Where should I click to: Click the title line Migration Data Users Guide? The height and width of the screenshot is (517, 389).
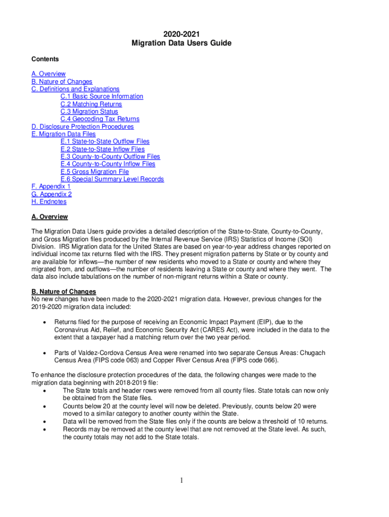[181, 43]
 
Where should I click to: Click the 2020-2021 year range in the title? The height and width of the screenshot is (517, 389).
[181, 34]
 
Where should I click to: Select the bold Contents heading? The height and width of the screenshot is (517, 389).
[45, 59]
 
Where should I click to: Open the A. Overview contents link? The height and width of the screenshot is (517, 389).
[48, 74]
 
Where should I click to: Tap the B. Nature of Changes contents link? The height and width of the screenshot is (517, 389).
[62, 81]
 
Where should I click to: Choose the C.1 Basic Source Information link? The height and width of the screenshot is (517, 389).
[102, 96]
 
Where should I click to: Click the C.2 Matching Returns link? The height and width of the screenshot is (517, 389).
[91, 104]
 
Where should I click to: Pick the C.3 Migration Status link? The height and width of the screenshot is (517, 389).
[89, 112]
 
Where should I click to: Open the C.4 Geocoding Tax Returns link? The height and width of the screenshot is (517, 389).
[100, 119]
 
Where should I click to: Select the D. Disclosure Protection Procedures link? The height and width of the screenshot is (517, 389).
[82, 127]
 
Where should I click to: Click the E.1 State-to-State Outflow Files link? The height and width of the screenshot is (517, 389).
[105, 141]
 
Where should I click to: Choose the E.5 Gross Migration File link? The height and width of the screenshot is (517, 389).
[94, 172]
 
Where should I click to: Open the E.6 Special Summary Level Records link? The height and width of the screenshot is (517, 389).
[112, 179]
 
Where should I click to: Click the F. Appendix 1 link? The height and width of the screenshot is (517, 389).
[51, 187]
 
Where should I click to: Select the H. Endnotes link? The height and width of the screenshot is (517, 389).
[49, 202]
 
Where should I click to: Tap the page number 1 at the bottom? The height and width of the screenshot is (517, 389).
[181, 480]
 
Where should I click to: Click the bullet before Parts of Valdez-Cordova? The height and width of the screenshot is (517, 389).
[46, 352]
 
